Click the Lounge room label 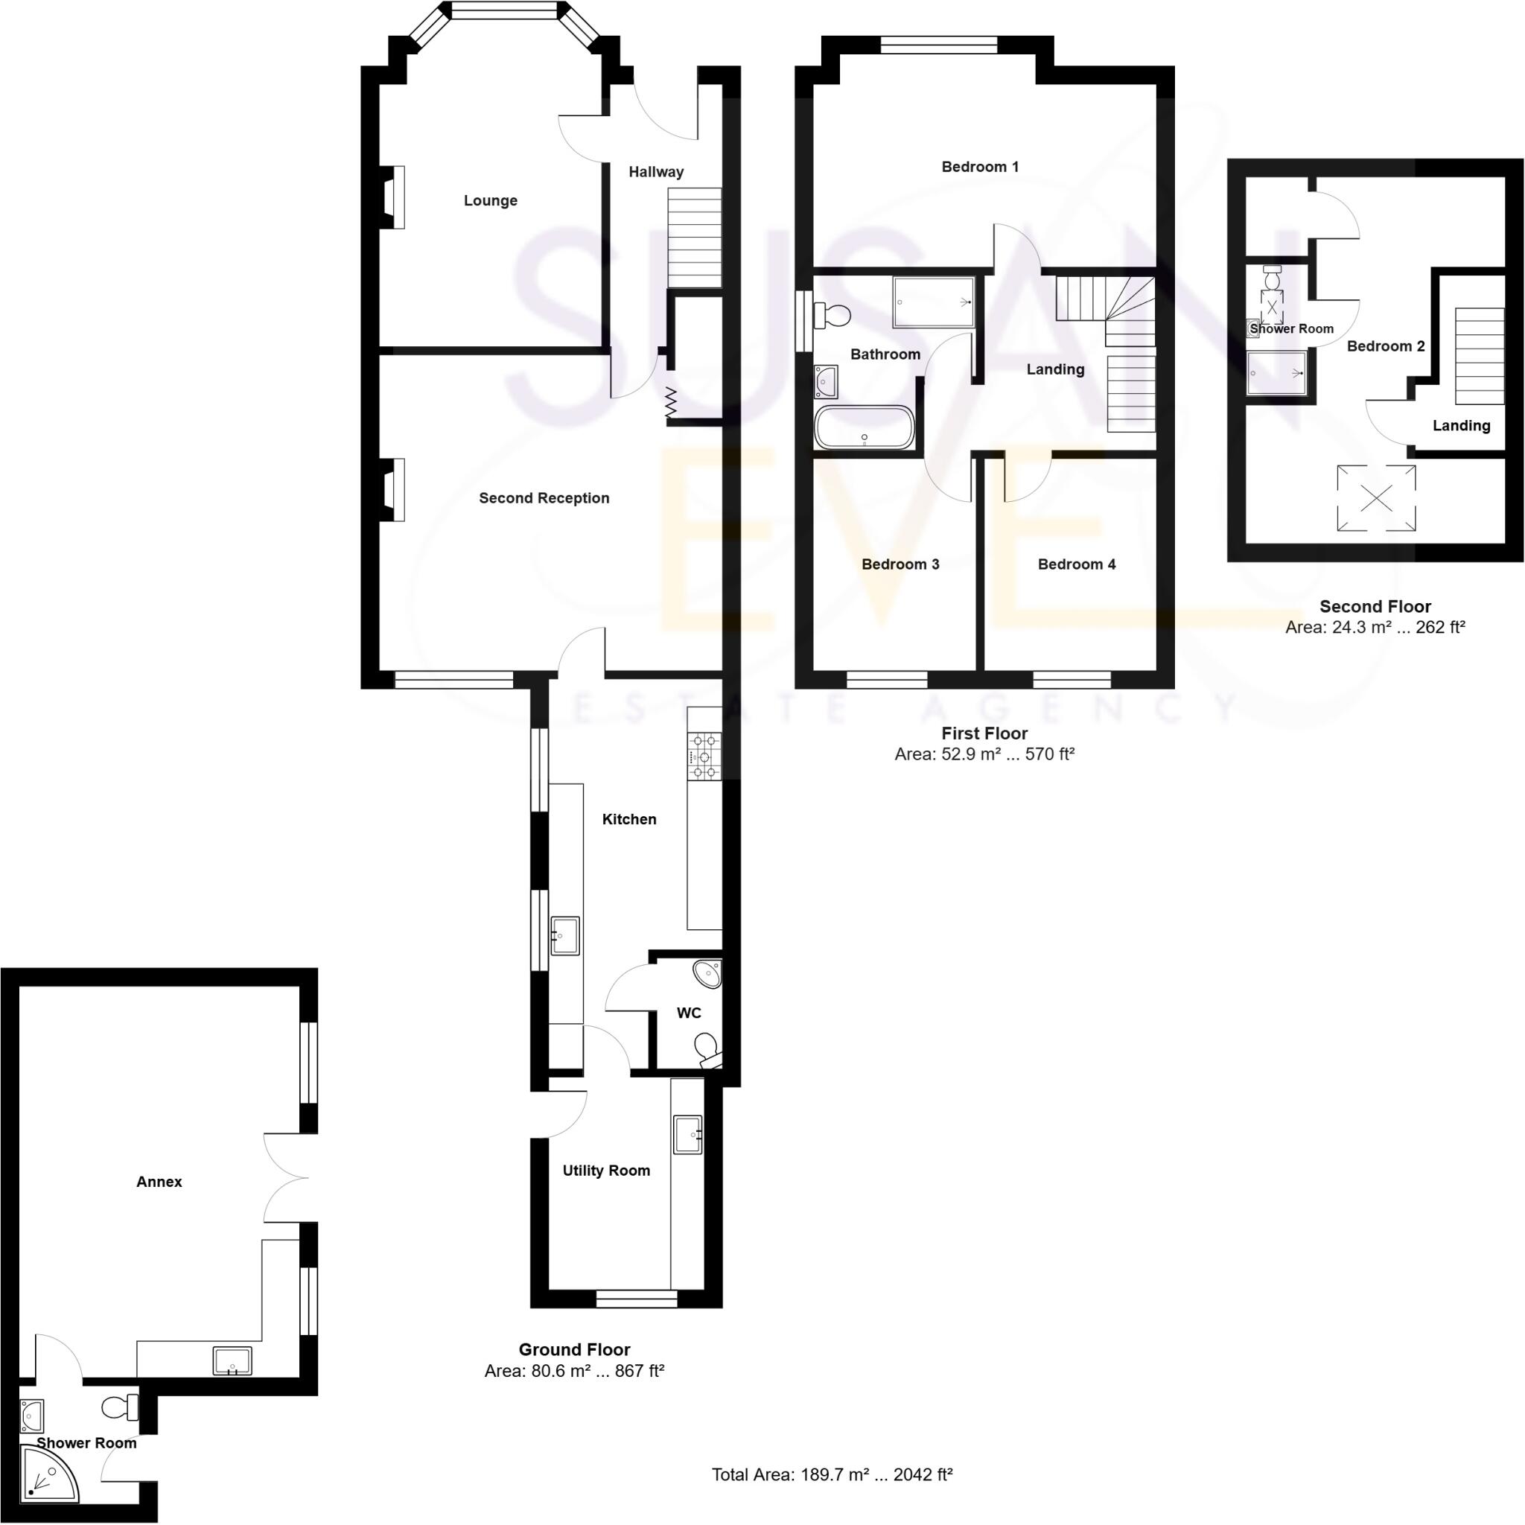click(x=490, y=200)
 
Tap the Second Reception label click(x=544, y=498)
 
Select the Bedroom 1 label click(x=980, y=167)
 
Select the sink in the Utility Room click(x=687, y=1135)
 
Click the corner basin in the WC click(x=709, y=973)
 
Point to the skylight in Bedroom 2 click(x=1376, y=498)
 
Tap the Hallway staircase click(x=695, y=238)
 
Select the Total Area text click(x=832, y=1474)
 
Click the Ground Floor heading click(x=574, y=1349)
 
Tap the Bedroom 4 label click(x=1076, y=564)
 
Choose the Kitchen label click(x=629, y=819)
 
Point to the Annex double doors click(x=287, y=1178)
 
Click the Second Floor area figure click(x=1375, y=627)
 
